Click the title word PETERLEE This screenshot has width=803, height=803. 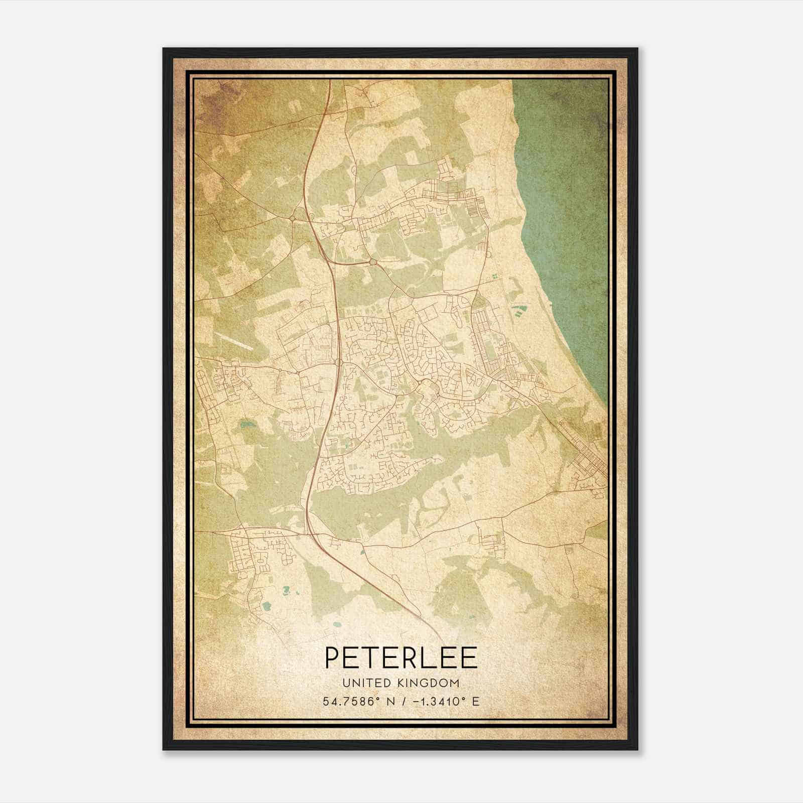coord(400,658)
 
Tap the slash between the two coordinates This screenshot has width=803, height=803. coord(401,701)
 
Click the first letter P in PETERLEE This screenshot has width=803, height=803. coord(333,658)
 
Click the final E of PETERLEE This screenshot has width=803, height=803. coord(469,658)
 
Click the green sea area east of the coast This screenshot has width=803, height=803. coord(567,201)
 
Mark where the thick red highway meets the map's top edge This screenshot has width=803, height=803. coord(329,82)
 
